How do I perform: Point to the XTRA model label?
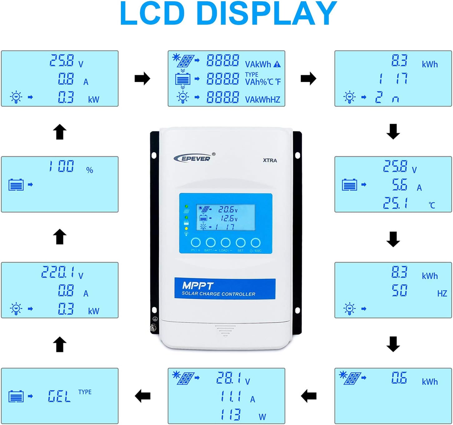coord(270,160)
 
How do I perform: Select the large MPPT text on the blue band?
coord(197,285)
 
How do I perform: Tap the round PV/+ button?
coord(196,243)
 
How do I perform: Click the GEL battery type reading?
coord(59,397)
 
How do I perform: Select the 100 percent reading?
coord(62,166)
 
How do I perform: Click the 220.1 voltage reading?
coord(58,272)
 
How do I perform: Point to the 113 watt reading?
coord(231,415)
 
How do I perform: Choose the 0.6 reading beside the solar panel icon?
coord(399,378)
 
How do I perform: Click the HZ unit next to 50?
coord(442,294)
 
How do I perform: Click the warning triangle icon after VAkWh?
coord(277,64)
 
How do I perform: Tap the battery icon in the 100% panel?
coord(16,185)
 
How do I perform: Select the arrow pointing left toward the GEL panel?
coord(143,396)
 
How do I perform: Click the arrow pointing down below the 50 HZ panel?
coord(393,344)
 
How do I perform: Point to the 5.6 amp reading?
coord(400,185)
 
